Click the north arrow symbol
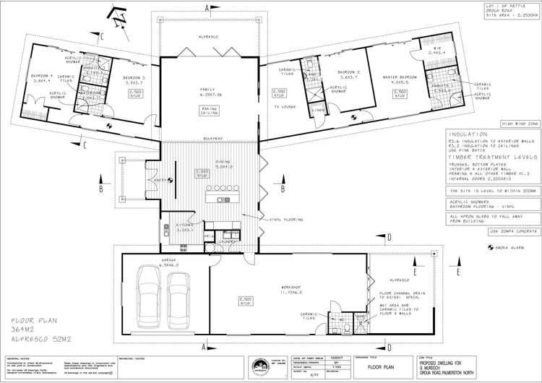116,12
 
